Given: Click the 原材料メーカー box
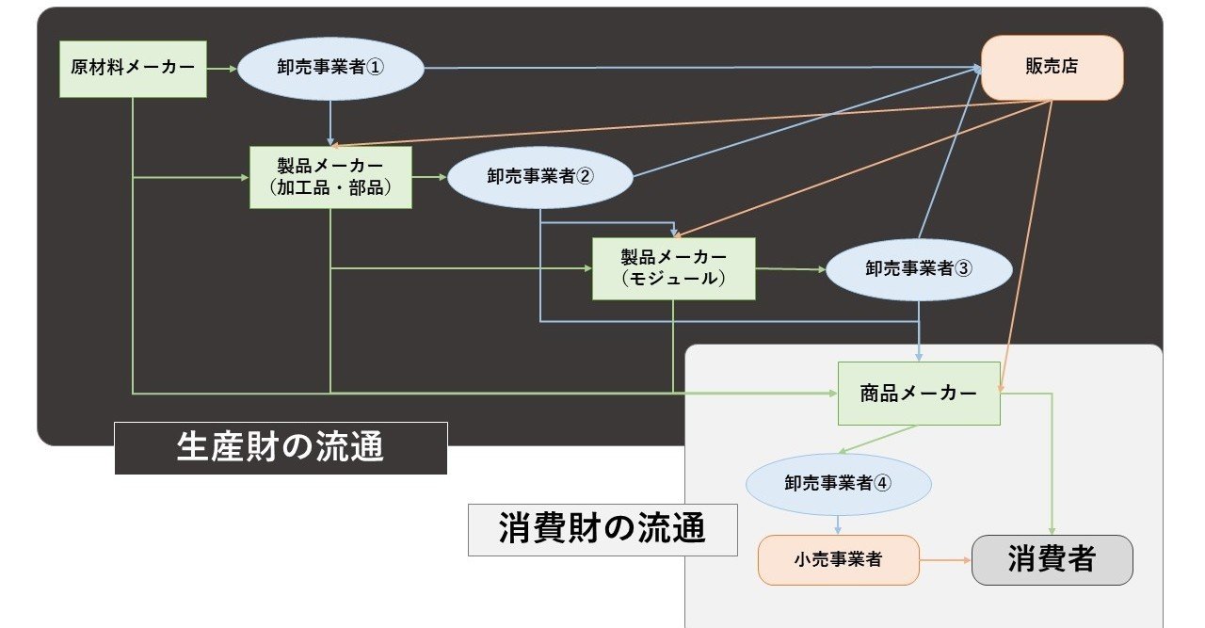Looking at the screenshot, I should pos(133,68).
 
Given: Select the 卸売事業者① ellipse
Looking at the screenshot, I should pos(330,68).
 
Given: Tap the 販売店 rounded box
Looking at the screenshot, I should pos(1052,67).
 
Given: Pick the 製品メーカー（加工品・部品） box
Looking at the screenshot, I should pos(330,177).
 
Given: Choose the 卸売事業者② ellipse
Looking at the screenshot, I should pos(540,177).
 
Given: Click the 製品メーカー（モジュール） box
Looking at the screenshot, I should pos(673,268).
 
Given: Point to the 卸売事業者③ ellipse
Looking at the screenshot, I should pos(918,268).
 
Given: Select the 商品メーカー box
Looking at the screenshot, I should pos(918,393).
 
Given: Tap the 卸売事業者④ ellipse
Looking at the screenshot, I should pos(838,483).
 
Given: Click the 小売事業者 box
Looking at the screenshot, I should pos(838,559).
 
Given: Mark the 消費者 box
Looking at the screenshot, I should pos(1052,559).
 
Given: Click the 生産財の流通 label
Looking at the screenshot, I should pos(281,447).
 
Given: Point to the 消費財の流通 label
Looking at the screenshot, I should pos(602,528).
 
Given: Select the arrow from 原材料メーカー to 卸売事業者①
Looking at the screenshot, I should pos(222,68).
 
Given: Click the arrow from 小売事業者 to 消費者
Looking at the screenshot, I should pos(945,559).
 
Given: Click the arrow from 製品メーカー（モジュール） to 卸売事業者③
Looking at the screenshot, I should pos(790,269).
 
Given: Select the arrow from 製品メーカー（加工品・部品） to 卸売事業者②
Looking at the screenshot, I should pos(429,177).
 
